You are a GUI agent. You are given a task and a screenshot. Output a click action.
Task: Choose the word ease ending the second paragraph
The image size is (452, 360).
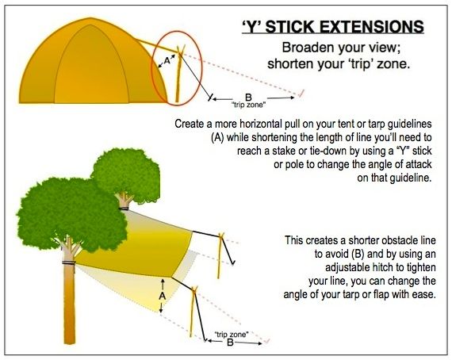click(418, 294)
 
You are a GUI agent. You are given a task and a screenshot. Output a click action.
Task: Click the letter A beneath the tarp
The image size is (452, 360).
click(161, 293)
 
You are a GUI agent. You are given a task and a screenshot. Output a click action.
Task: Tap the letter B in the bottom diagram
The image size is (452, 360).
click(229, 343)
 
